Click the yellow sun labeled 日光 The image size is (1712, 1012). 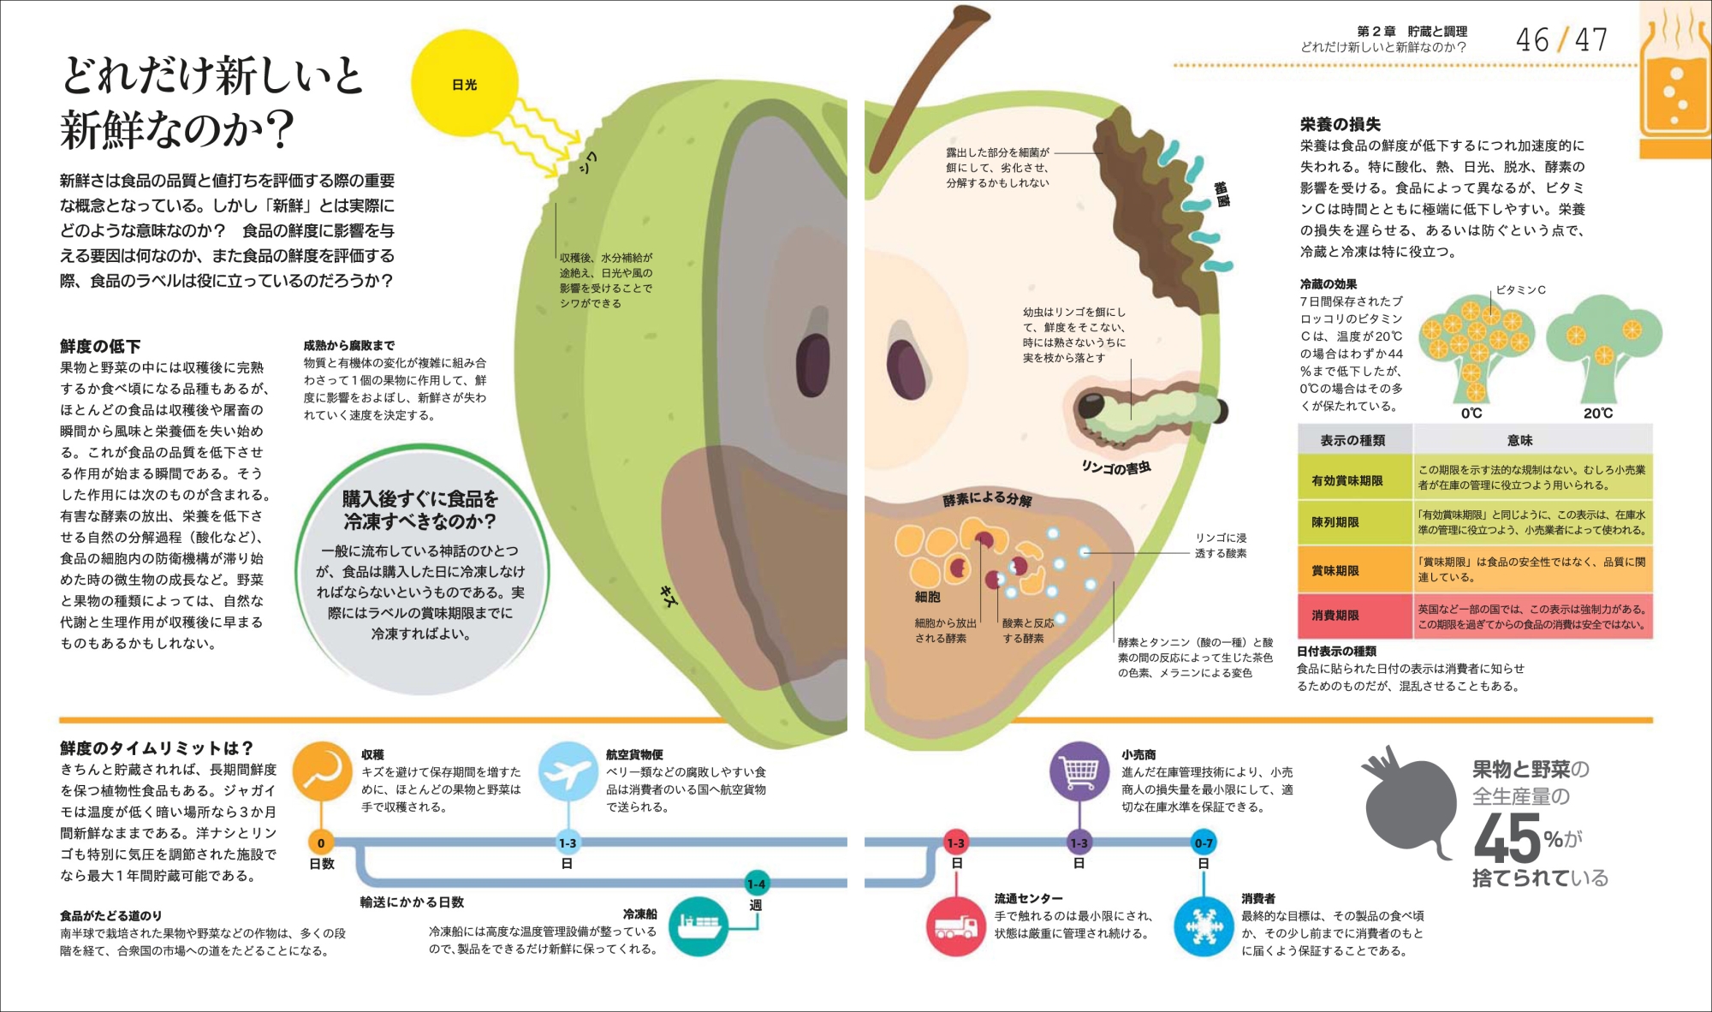click(465, 83)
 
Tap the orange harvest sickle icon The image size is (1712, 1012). click(322, 770)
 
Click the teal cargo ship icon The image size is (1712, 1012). click(698, 926)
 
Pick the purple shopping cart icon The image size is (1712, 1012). click(1079, 771)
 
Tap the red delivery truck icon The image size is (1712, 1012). click(955, 926)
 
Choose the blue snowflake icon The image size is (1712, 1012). click(1204, 926)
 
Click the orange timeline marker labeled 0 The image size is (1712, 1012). click(321, 842)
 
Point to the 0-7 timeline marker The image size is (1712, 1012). click(1204, 842)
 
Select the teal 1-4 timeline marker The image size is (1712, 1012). click(757, 884)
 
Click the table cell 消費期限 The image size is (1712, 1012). click(1335, 616)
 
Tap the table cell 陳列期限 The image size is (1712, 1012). click(1335, 522)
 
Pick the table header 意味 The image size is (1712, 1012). click(1520, 440)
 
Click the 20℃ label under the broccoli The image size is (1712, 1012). click(1597, 413)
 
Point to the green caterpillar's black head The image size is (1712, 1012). click(1091, 405)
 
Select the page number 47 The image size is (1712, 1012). click(1590, 40)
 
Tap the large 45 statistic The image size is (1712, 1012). click(1507, 839)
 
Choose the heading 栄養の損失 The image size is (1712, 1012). click(1340, 124)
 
